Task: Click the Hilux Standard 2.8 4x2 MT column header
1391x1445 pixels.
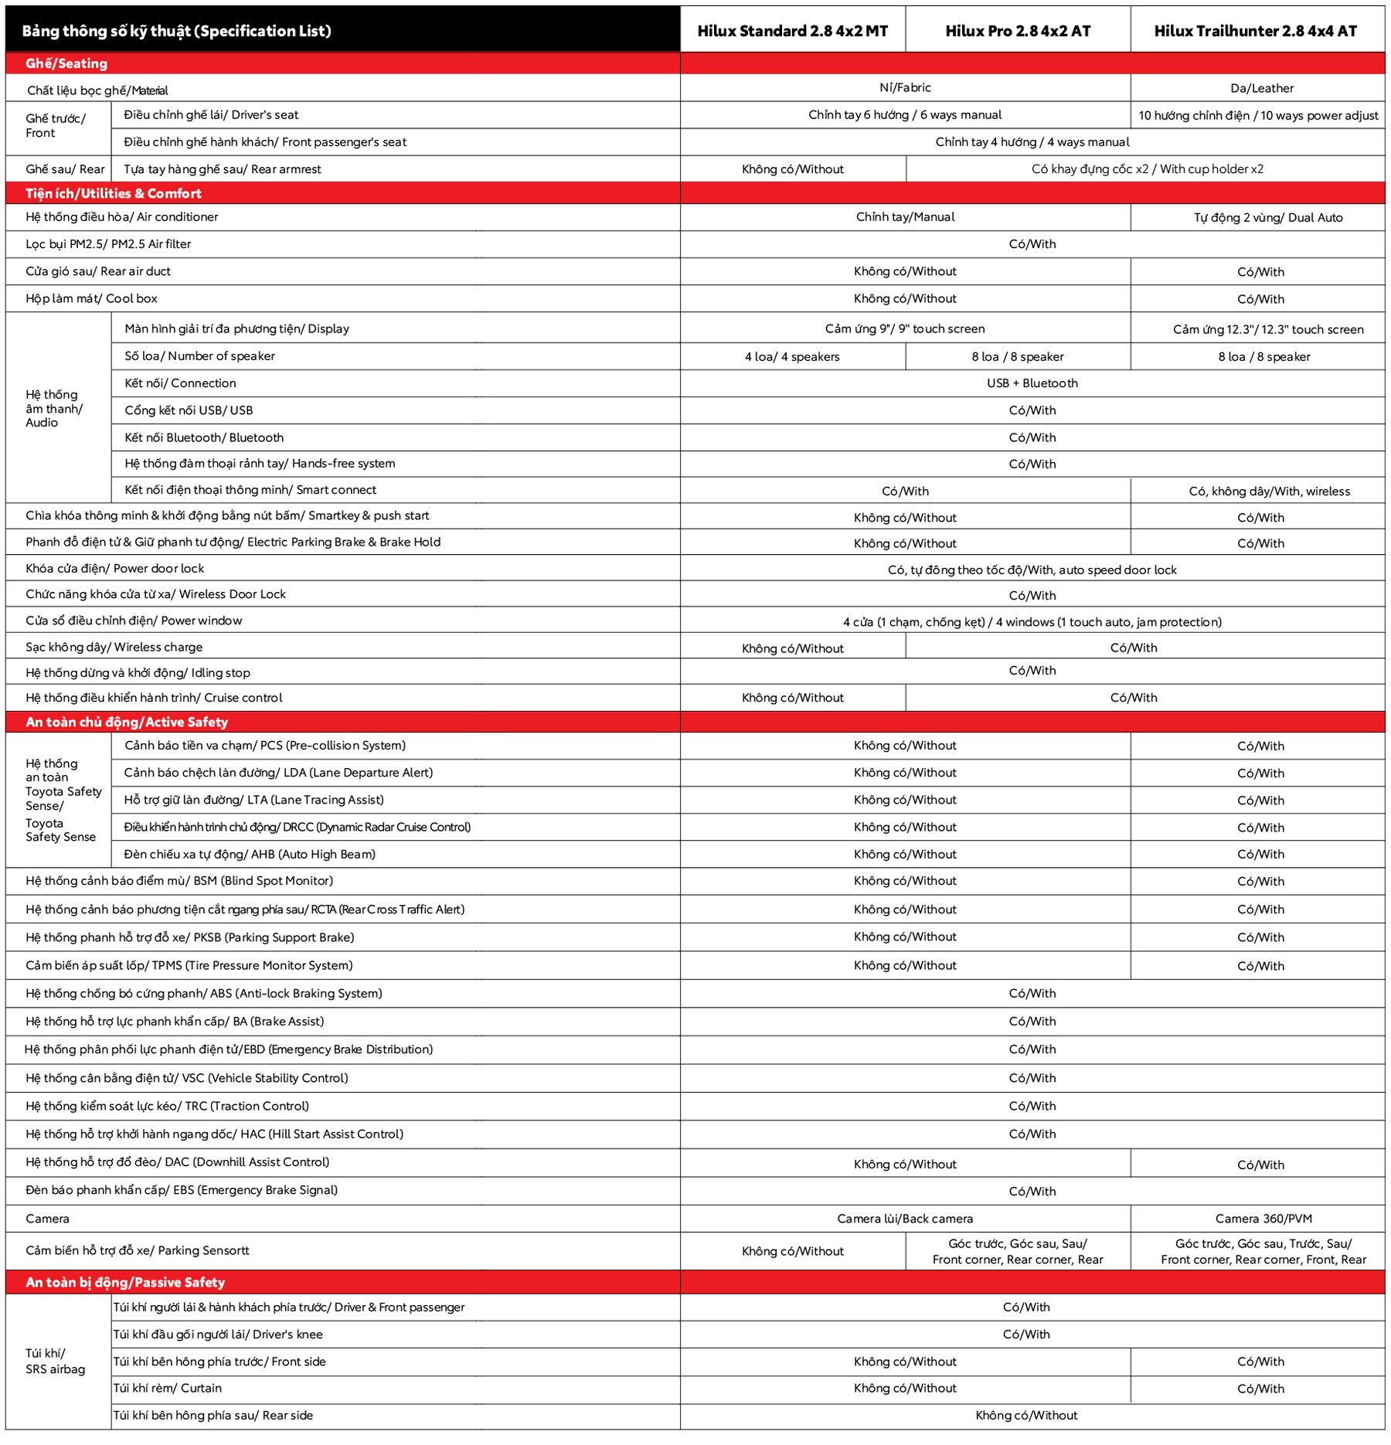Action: pos(792,31)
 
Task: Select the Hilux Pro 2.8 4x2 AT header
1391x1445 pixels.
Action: pos(1018,31)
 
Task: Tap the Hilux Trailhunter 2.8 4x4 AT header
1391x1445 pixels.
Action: pos(1255,31)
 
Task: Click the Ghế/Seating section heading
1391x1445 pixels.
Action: pos(66,63)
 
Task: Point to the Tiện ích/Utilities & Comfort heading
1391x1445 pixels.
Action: pos(114,193)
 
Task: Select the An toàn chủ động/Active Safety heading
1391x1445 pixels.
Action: pos(127,722)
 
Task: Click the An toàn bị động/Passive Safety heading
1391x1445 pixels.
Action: pos(125,1282)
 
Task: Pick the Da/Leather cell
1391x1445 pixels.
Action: pos(1261,88)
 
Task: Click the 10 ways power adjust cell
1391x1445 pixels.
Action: pos(1258,115)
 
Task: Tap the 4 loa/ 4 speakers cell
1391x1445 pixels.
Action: pos(792,356)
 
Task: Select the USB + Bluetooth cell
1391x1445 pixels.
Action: pos(1032,383)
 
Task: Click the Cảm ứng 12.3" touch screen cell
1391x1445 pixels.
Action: pos(1267,329)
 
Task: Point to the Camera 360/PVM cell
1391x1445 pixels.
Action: pos(1263,1219)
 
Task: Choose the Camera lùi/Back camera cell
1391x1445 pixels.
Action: pos(905,1219)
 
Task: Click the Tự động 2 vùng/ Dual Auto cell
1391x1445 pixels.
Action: pos(1267,218)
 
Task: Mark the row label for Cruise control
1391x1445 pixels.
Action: pos(154,698)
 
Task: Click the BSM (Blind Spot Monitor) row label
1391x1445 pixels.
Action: pos(179,881)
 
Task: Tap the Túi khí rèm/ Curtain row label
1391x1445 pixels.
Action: pos(168,1388)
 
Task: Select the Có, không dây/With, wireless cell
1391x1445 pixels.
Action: pos(1269,491)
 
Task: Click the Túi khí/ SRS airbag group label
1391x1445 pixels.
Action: pos(56,1361)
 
